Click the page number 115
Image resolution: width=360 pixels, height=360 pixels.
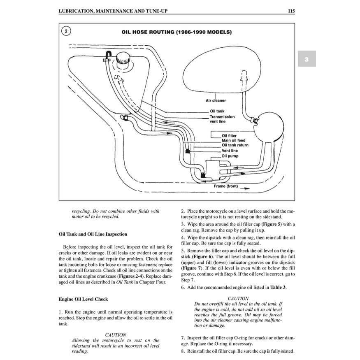291,11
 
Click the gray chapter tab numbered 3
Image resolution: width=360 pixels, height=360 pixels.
307,59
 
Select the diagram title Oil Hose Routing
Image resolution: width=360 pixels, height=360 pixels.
177,32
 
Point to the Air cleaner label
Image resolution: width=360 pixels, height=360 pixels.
216,100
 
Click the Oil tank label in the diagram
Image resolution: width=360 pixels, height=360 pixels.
217,111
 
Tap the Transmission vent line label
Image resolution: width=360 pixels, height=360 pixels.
222,119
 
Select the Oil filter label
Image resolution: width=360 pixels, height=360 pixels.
229,135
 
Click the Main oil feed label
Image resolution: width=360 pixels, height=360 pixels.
233,140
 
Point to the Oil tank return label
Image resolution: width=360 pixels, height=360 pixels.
235,145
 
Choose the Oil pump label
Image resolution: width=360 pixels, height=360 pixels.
230,156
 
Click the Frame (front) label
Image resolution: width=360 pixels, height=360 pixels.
225,186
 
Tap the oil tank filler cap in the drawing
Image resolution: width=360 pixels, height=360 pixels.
122,60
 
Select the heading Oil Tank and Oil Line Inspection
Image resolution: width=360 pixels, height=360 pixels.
93,234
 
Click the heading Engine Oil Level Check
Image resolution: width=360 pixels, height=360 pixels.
83,299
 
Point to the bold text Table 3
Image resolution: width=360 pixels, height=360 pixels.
278,287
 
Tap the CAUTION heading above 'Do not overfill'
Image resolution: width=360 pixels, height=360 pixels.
238,298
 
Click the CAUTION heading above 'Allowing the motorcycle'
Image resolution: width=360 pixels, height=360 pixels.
116,335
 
